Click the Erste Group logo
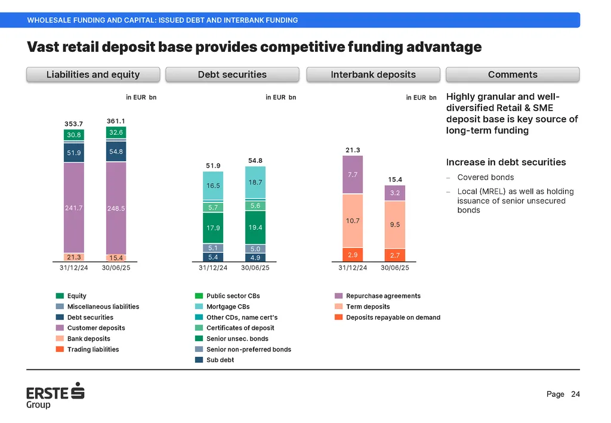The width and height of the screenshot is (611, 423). coord(55,397)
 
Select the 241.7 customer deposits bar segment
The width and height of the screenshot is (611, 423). coord(74,208)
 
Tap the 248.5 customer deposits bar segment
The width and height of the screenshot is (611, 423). coord(116,208)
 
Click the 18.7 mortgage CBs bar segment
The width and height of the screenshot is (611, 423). coord(255,182)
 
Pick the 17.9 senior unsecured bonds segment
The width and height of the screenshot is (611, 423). coord(213,228)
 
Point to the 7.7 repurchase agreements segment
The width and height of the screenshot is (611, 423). coord(353,174)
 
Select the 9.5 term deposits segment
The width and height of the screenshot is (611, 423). coord(394,225)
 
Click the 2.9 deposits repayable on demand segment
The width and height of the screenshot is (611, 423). coord(353,255)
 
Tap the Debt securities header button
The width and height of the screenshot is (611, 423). coord(232,75)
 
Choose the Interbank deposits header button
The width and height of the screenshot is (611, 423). coord(373,75)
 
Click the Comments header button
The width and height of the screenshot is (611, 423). coord(513,75)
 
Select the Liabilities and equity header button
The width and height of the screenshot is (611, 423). coord(93,75)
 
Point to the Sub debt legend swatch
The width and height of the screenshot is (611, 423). coord(199,360)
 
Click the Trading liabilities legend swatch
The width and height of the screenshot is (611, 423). coord(60,349)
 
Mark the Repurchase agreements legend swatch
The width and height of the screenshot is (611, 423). coord(339,296)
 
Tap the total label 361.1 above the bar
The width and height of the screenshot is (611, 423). coord(116,121)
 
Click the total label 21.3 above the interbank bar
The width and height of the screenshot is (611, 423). coord(353,150)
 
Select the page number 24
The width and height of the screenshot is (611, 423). coord(575,394)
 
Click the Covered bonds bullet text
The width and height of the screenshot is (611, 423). coord(485,177)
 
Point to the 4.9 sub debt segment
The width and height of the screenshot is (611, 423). coord(255,258)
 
